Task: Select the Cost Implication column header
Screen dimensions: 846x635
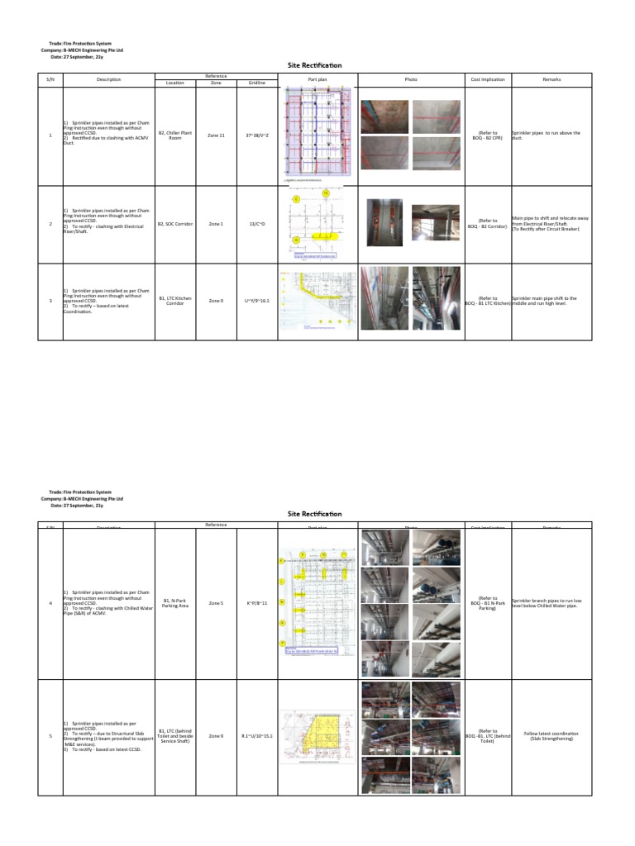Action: [x=488, y=79]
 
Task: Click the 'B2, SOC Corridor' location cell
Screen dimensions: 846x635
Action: [x=175, y=224]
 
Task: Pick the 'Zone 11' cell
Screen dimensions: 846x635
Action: [x=216, y=135]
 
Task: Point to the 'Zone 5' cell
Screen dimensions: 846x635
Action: [x=216, y=603]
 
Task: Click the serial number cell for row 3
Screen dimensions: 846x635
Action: [x=50, y=301]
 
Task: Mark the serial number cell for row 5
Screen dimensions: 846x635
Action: [x=50, y=735]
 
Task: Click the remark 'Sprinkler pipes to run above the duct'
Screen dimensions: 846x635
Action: [x=546, y=135]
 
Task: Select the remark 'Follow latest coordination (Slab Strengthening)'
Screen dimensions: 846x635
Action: [x=551, y=735]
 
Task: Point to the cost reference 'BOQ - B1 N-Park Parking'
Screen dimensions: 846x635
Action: [x=488, y=603]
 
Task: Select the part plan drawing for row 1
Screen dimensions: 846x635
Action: [x=318, y=133]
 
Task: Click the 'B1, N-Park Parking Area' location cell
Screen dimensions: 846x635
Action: [x=175, y=603]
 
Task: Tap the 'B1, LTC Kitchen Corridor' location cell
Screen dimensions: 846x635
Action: [x=175, y=301]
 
